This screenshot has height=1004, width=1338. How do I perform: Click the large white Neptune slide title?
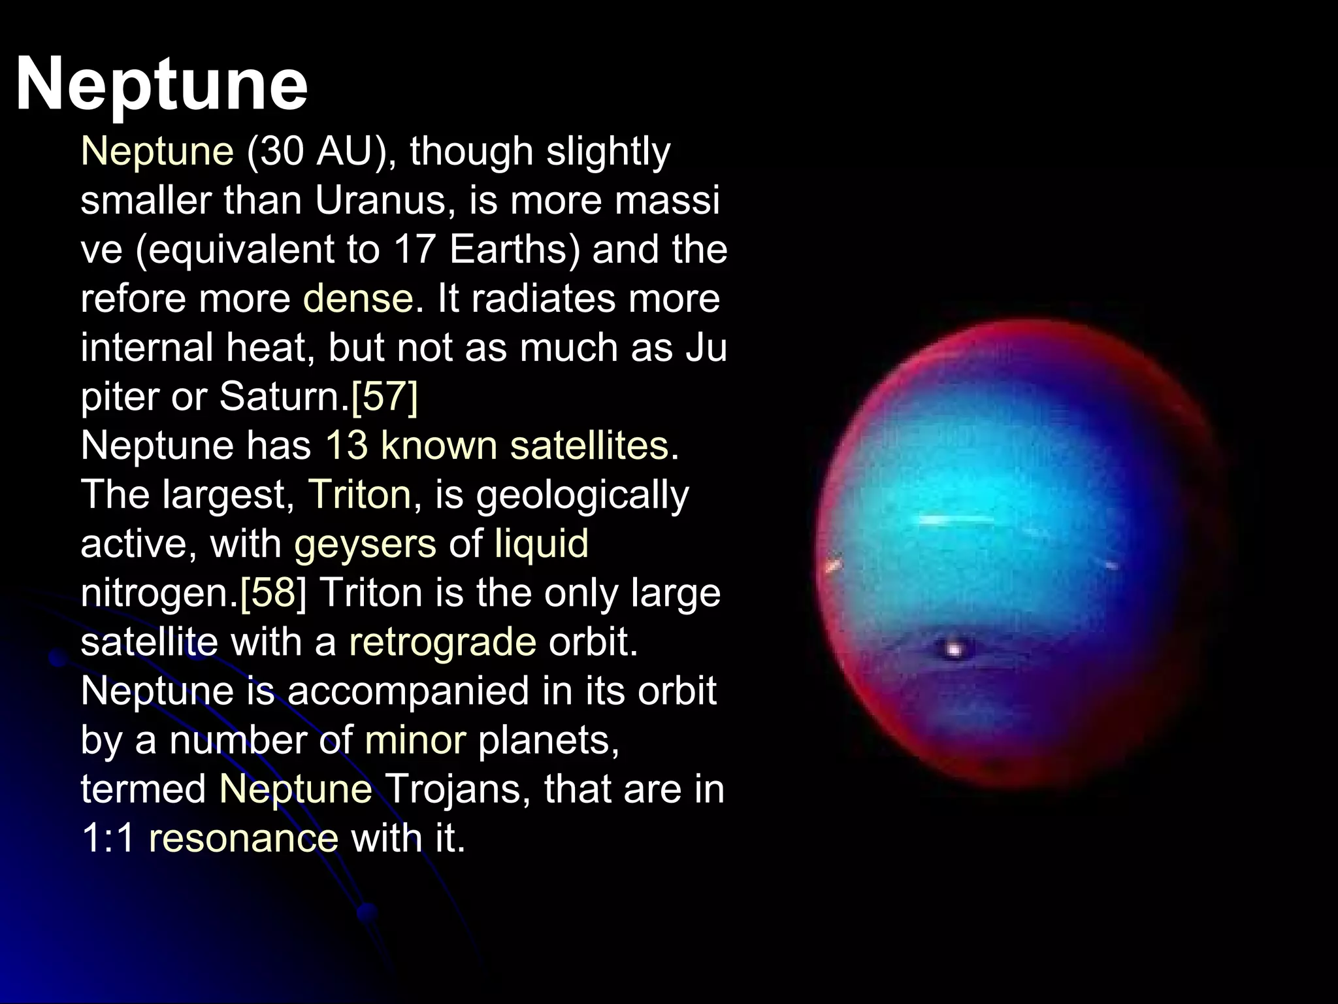[x=161, y=85]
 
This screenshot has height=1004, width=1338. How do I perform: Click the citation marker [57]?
[x=384, y=396]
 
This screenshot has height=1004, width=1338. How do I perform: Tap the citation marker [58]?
[x=273, y=593]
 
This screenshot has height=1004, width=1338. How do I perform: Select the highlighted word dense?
[x=358, y=299]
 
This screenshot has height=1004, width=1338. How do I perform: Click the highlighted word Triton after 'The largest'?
[x=359, y=494]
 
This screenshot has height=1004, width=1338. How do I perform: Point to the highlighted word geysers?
[x=365, y=544]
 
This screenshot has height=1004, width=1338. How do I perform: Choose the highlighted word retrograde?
[x=442, y=642]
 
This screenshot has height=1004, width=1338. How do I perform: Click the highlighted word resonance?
[x=244, y=838]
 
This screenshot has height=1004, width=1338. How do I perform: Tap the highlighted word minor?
[x=416, y=740]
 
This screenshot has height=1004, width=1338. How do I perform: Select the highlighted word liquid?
[x=542, y=544]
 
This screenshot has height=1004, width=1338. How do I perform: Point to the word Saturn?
[x=280, y=396]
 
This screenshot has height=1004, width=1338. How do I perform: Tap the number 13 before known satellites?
[x=346, y=446]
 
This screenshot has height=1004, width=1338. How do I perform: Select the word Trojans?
[x=458, y=789]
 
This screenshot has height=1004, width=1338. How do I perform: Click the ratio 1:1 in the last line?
[x=108, y=838]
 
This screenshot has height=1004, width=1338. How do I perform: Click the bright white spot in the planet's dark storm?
[x=955, y=649]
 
